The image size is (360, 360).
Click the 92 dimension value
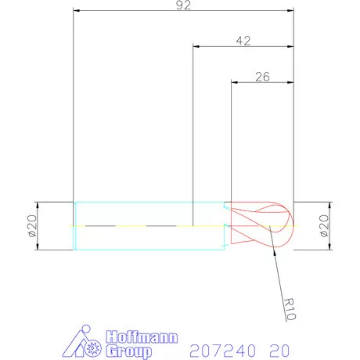(183, 5)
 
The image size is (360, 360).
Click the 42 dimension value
(243, 41)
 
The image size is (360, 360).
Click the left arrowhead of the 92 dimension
(76, 12)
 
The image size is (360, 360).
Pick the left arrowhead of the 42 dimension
(196, 47)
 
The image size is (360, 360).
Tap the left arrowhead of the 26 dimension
(235, 81)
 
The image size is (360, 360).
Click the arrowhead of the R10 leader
(270, 229)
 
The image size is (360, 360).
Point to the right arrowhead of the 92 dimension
(290, 12)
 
